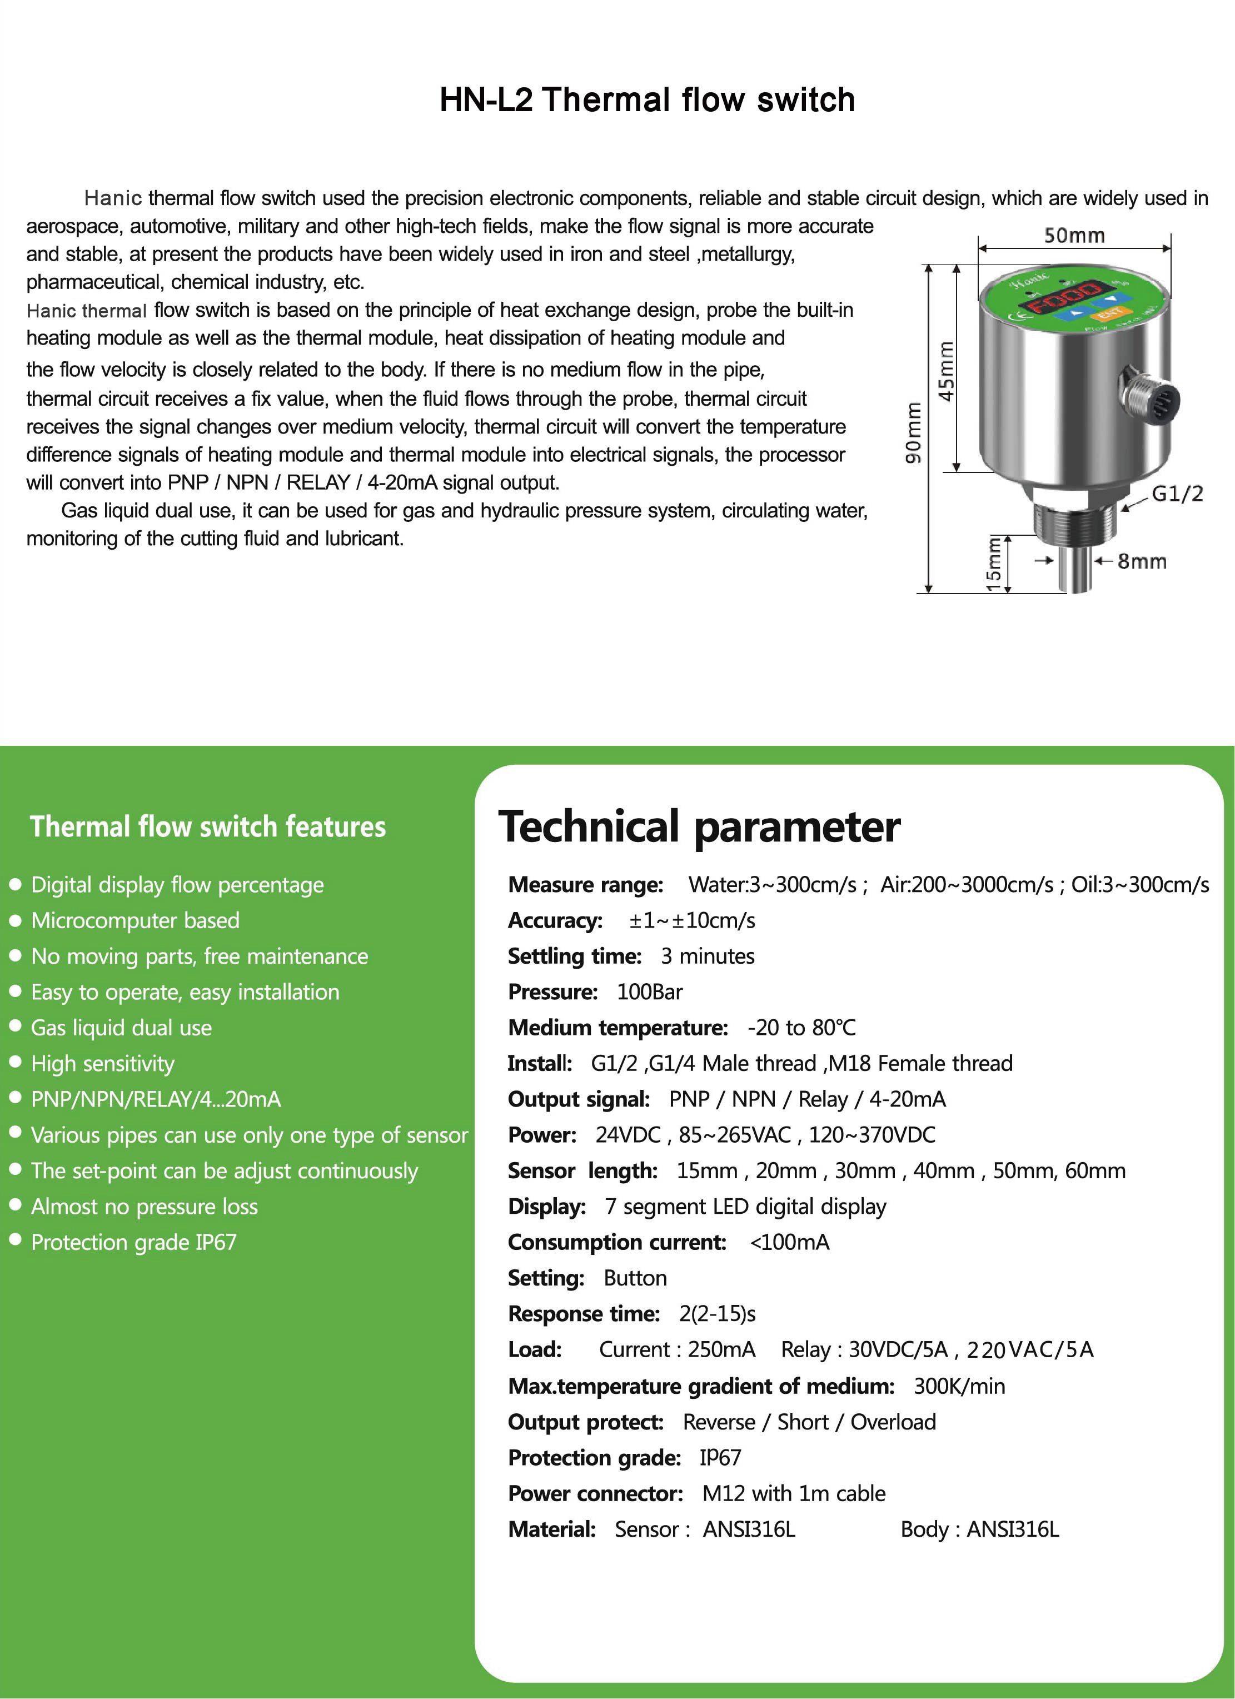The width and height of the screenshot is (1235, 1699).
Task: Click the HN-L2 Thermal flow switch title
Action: (647, 99)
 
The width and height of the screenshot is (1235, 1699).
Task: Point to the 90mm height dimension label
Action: (913, 432)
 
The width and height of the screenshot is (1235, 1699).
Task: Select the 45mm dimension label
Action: (946, 371)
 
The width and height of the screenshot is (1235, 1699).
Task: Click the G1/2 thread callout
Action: (1177, 494)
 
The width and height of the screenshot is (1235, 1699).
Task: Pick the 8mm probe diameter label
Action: (1142, 561)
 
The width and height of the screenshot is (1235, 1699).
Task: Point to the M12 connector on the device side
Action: (1151, 396)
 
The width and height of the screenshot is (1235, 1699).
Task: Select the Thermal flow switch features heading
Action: (207, 826)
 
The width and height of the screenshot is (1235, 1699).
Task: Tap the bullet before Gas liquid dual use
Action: (15, 1027)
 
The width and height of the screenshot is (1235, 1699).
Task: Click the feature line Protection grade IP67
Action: (133, 1242)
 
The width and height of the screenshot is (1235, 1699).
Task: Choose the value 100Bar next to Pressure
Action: (649, 992)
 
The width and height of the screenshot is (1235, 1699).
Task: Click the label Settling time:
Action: (575, 956)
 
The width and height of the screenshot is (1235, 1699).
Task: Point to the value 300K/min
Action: (959, 1386)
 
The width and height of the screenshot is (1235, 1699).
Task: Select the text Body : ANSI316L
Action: (980, 1529)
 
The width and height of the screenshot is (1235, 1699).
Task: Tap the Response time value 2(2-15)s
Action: (717, 1313)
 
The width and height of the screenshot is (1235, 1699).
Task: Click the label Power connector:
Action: (595, 1493)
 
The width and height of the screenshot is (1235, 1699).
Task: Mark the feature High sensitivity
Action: (103, 1063)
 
